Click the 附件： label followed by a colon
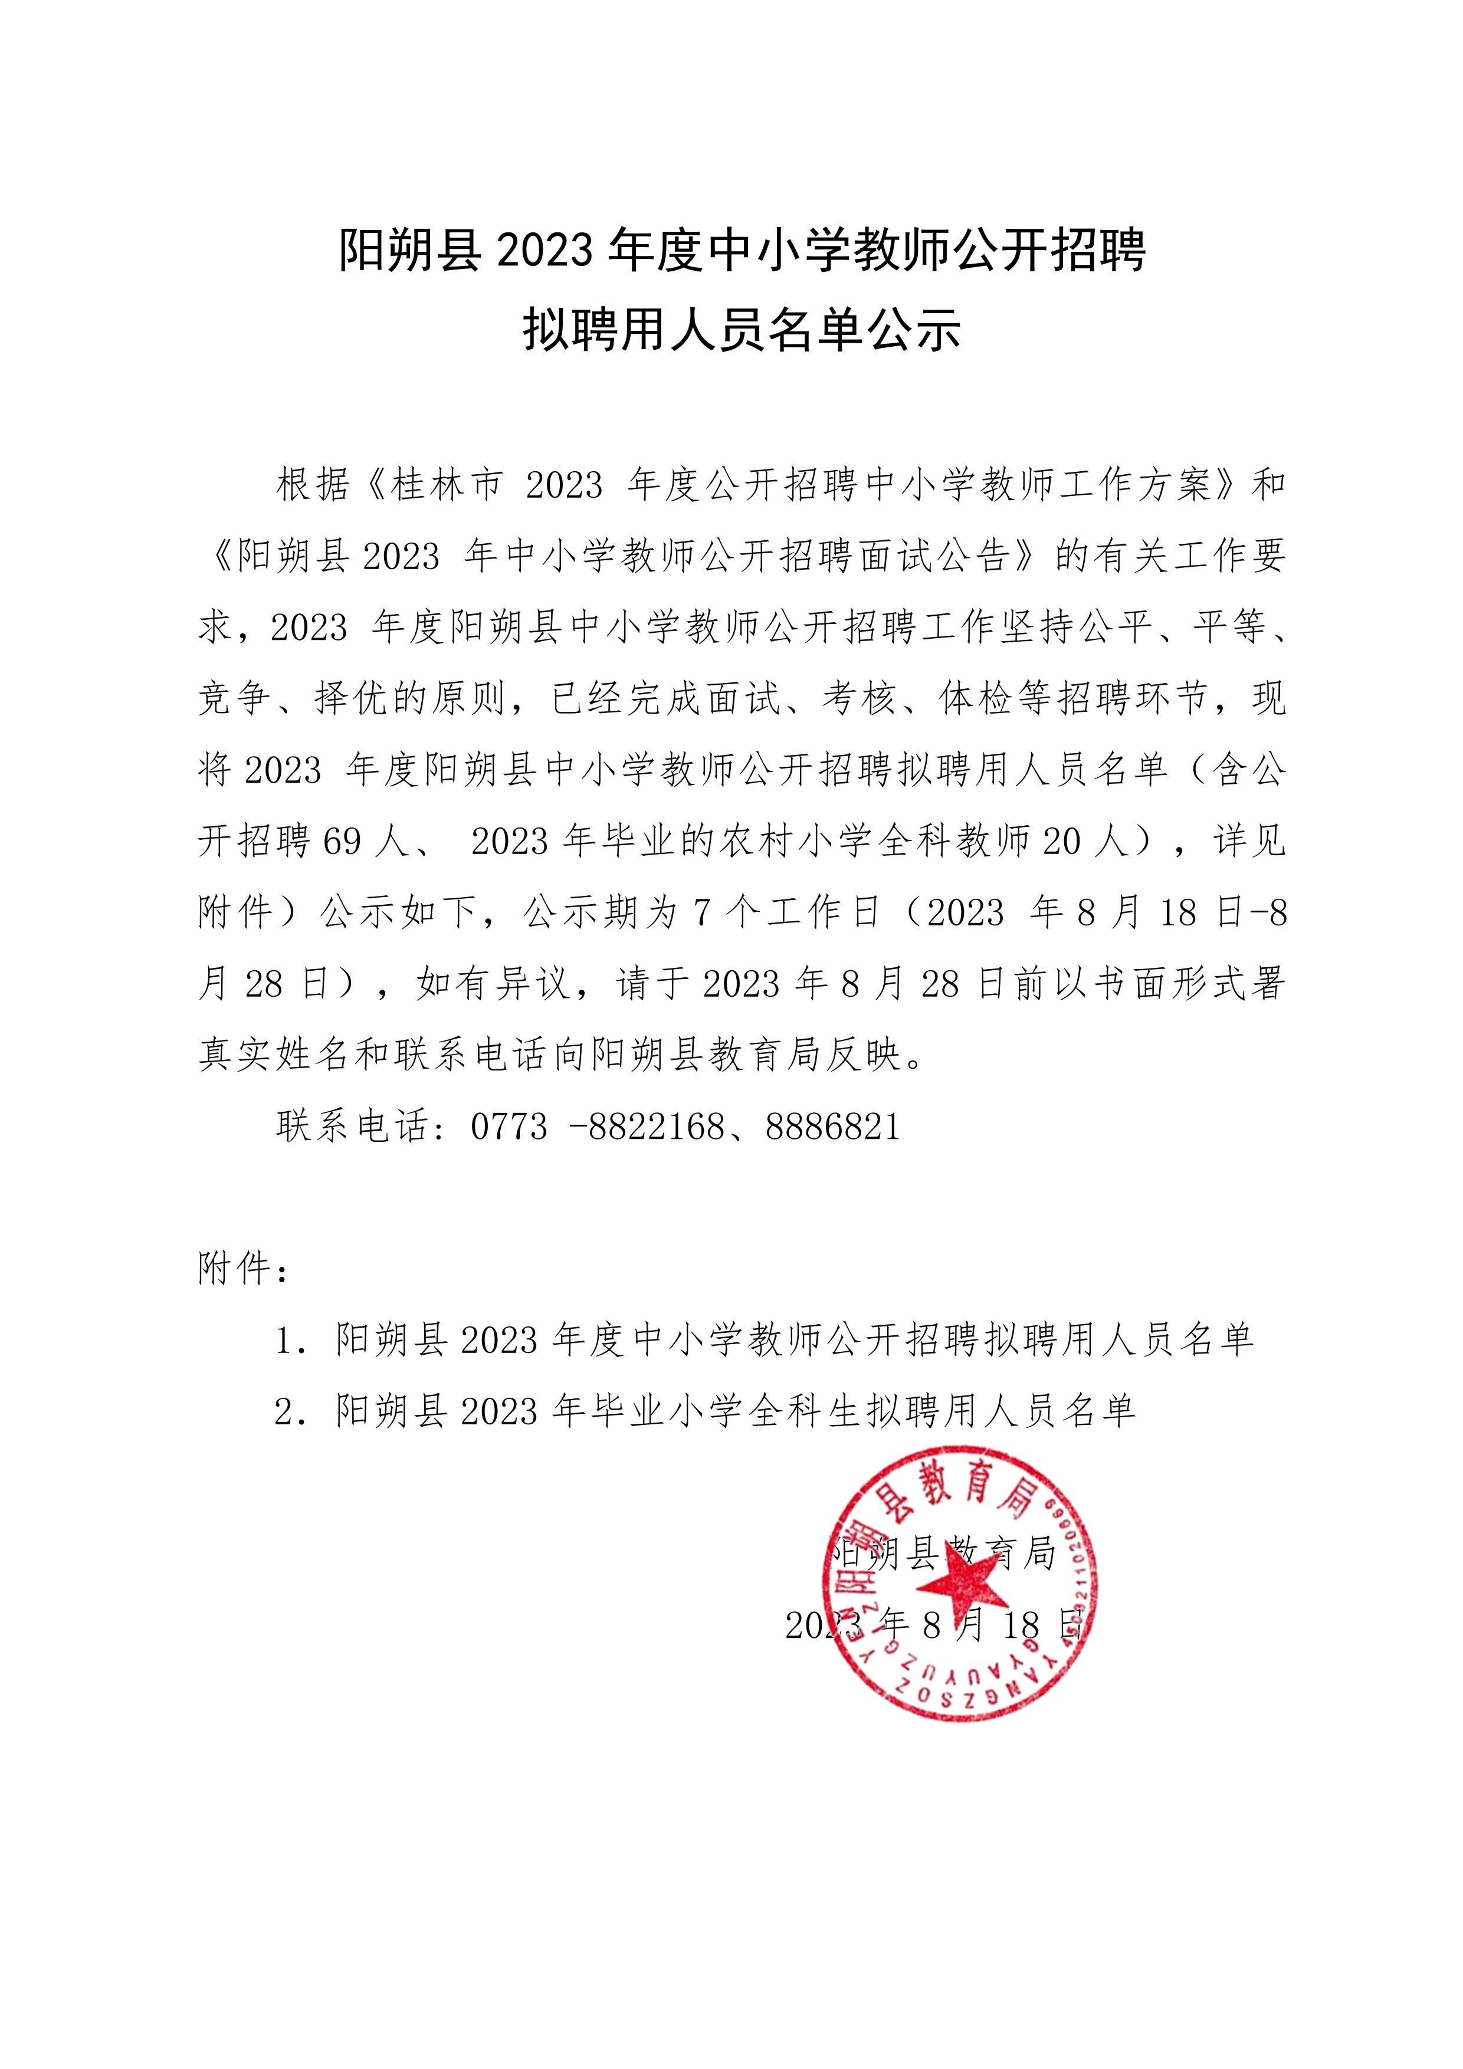[x=242, y=1270]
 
